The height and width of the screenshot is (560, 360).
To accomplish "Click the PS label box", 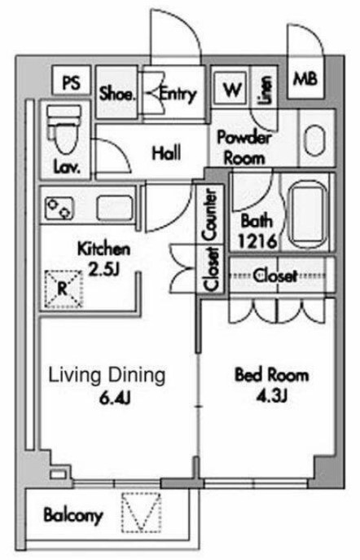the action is pos(72,81).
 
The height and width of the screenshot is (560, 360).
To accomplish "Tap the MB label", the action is pos(305,78).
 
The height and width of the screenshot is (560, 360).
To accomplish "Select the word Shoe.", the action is pos(117,94).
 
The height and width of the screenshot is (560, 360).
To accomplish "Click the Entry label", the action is pos(178,95).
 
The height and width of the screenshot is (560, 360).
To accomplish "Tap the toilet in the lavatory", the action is pos(66,131).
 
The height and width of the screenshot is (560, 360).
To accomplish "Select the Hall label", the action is pos(166,153).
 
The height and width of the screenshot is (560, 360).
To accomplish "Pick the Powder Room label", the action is pos(244,148).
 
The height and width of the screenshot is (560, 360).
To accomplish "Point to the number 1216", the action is pos(257,241).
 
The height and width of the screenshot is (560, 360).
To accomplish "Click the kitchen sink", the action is pos(115,208).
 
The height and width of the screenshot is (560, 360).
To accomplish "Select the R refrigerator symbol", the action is pos(64,289).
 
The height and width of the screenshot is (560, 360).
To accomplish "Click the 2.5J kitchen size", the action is pos(103,270).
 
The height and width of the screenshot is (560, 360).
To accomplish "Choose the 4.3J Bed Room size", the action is pos(272,395).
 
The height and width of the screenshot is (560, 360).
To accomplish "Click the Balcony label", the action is pos(73,515).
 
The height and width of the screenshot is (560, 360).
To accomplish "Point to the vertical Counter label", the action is pos(210,215).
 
